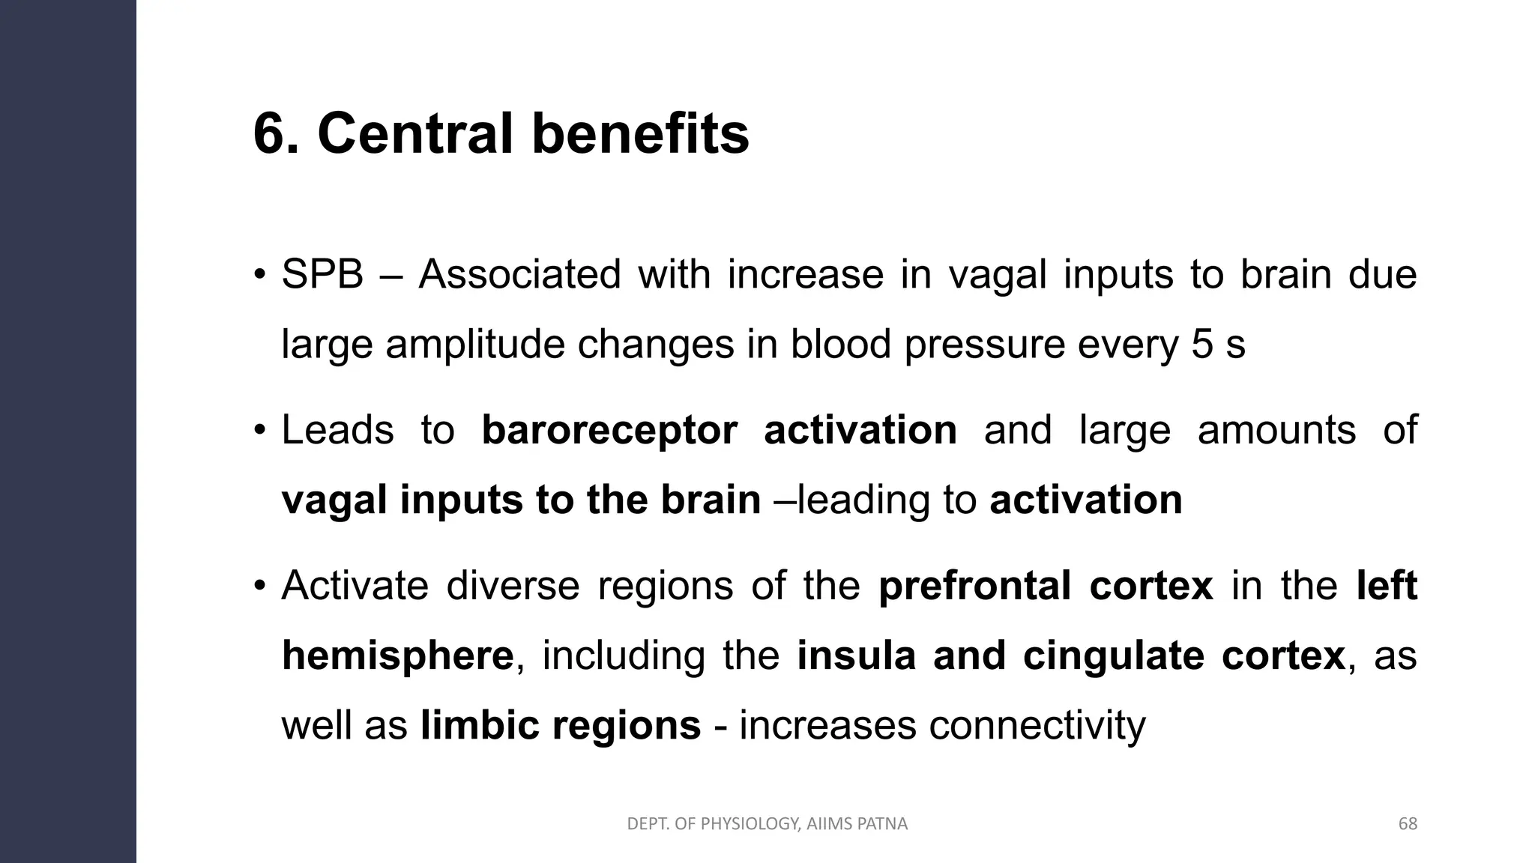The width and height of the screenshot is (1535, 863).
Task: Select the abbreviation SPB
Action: [x=322, y=274]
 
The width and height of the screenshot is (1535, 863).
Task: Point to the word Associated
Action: [x=519, y=274]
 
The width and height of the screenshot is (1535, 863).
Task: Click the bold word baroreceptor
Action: [x=609, y=431]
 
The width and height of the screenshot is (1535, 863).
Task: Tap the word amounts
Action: [x=1276, y=431]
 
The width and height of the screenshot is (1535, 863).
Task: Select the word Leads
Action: [x=337, y=431]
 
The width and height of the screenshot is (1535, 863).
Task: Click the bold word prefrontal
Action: [x=974, y=586]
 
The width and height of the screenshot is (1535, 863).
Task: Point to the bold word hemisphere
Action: [x=398, y=655]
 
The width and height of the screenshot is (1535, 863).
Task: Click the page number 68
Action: [x=1408, y=824]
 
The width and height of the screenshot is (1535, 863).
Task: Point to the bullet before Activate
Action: [x=259, y=585]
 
